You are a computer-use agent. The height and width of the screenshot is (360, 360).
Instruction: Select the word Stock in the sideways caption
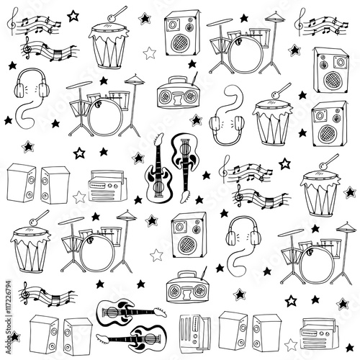pos(9,325)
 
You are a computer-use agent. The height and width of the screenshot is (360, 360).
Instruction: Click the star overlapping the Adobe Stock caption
pos(15,336)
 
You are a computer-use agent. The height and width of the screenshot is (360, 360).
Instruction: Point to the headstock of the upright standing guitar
pos(159,140)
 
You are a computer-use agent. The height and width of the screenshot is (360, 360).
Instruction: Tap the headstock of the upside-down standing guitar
pos(186,196)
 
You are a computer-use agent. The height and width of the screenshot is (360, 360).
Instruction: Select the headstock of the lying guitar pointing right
pos(161,311)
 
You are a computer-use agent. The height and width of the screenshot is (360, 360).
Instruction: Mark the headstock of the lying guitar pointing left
pos(102,338)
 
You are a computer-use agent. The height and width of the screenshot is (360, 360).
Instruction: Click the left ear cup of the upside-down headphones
pos(215,124)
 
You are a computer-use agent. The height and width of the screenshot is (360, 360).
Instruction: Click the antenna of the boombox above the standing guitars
pos(195,78)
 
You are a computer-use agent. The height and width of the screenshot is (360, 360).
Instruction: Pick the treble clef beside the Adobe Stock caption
pos(25,292)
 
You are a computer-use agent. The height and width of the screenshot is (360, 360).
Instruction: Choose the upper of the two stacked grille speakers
pos(331,70)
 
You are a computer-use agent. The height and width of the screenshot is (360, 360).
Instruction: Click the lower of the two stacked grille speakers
pos(329,124)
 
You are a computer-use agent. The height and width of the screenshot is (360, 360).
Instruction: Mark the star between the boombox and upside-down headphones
pos(196,120)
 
